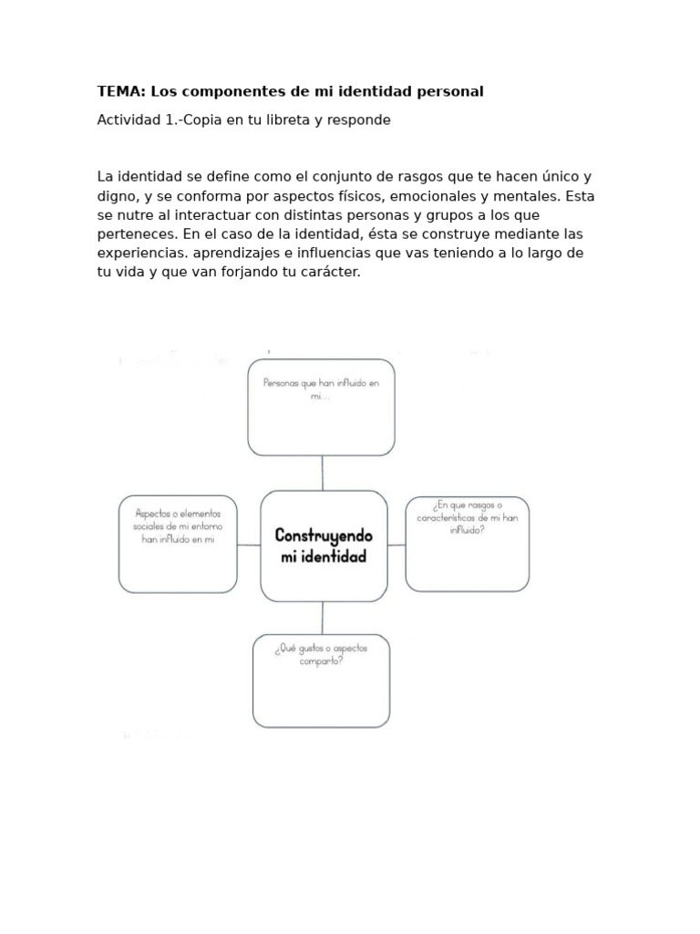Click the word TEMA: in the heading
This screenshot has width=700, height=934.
click(121, 91)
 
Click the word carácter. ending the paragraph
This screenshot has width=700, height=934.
click(325, 273)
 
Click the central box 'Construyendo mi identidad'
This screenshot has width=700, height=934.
click(324, 545)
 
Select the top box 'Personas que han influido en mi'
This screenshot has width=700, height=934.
click(321, 408)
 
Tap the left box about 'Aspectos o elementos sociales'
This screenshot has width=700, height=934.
click(178, 544)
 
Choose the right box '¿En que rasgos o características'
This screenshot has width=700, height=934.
click(467, 544)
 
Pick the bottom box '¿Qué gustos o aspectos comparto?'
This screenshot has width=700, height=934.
click(321, 680)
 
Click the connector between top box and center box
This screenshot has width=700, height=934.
click(322, 472)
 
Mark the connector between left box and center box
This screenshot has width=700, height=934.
click(249, 545)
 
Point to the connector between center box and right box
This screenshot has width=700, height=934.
click(396, 545)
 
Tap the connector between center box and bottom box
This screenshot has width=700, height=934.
click(322, 617)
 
